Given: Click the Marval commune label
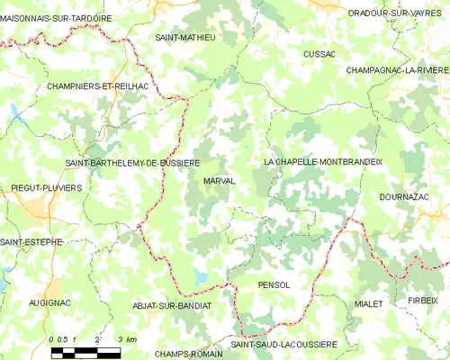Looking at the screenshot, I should point(220,181).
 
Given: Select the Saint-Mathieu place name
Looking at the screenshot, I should point(185,38).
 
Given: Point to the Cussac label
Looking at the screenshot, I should point(319,54).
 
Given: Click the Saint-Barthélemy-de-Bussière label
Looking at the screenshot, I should point(132,163).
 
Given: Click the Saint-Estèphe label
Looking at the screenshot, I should point(31,241).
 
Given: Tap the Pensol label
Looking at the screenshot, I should point(274,284).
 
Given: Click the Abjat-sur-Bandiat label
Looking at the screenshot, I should point(172,306).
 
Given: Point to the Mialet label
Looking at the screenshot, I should point(369,304).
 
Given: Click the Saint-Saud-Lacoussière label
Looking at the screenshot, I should point(283,344).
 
